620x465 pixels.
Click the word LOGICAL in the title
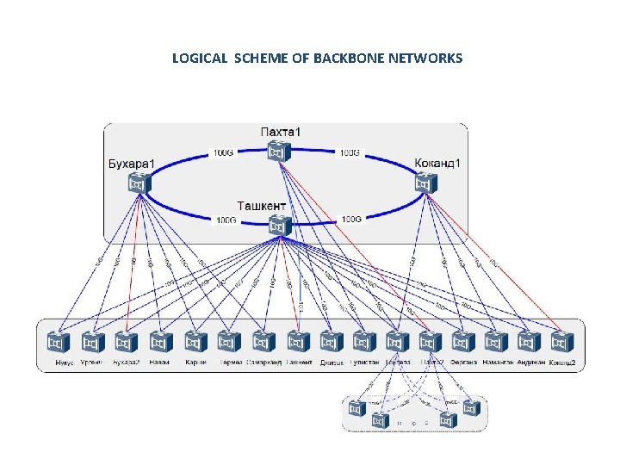coord(200,59)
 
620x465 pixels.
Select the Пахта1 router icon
coord(276,152)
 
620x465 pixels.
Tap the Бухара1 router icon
coord(138,183)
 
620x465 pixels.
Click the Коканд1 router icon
coord(425,183)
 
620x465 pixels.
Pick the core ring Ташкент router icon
coord(276,226)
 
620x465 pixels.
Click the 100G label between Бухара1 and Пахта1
coord(223,153)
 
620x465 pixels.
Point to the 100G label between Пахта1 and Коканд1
coord(350,153)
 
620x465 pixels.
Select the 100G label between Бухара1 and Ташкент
coord(226,220)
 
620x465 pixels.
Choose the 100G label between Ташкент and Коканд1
coord(351,220)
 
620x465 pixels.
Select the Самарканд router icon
coord(262,342)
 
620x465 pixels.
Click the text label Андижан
coord(530,363)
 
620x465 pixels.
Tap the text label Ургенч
coord(91,363)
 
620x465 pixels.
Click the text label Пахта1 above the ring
coord(281,132)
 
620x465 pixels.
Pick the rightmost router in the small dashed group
coord(471,406)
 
